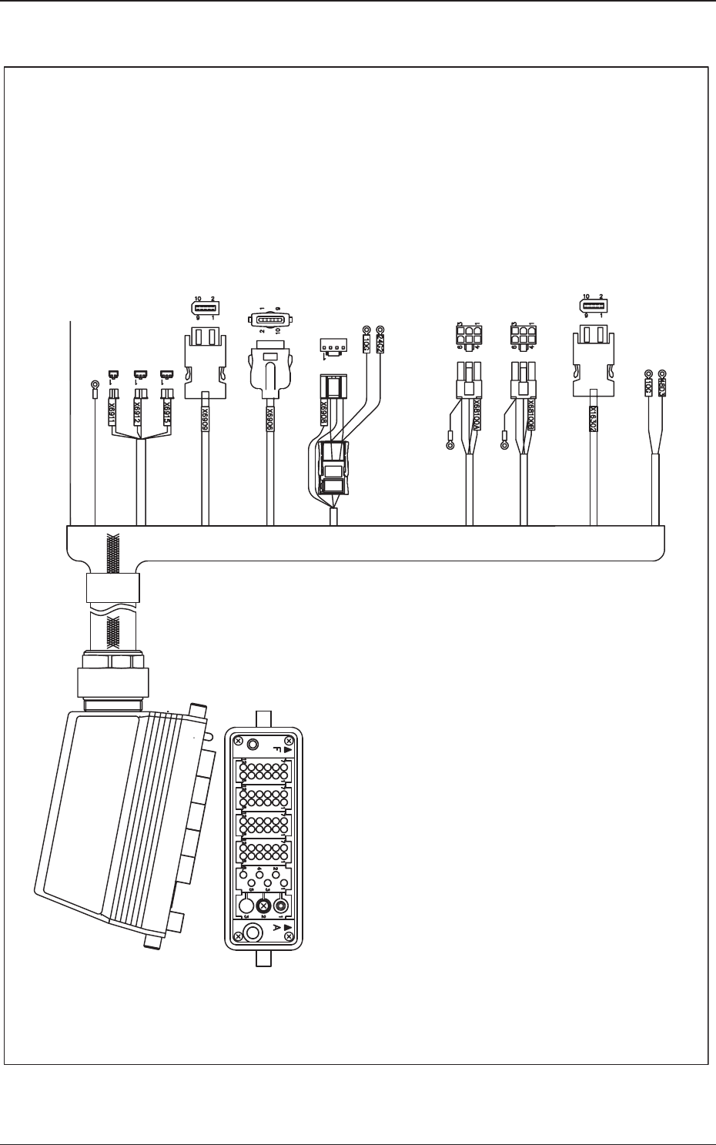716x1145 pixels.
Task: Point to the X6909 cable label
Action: pyautogui.click(x=206, y=416)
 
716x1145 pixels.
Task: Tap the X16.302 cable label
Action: pyautogui.click(x=593, y=421)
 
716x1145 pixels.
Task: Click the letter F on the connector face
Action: pyautogui.click(x=276, y=748)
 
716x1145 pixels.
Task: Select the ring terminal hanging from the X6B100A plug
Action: pyautogui.click(x=450, y=444)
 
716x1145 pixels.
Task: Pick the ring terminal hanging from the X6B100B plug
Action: pyautogui.click(x=505, y=444)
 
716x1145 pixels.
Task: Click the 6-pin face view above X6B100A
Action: pyautogui.click(x=468, y=336)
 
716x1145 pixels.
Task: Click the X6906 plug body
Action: pyautogui.click(x=269, y=373)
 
